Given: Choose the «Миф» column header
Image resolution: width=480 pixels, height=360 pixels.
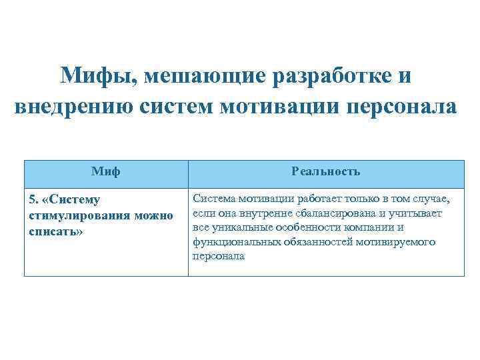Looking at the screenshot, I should pos(106,171).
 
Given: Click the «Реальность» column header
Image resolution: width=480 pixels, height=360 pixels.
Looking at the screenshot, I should pos(326,171).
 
